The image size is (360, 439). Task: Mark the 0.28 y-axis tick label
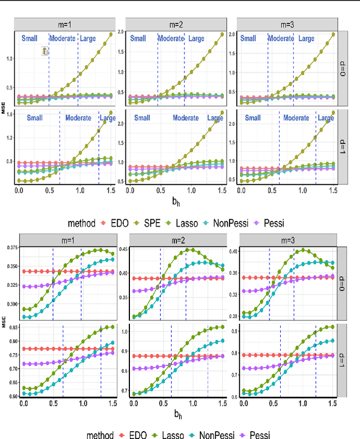point(233,316)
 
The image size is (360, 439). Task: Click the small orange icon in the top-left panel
point(46,51)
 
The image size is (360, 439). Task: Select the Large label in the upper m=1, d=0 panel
point(87,39)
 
